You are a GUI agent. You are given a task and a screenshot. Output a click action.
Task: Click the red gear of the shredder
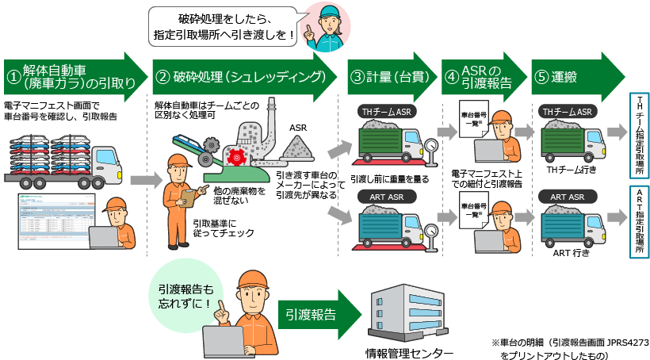[234, 158]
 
